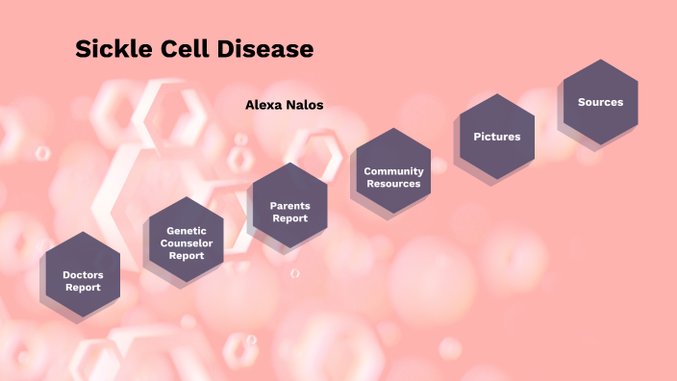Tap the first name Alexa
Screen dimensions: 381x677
point(263,105)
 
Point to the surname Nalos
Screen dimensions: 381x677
point(304,105)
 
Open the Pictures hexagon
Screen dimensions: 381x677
point(496,137)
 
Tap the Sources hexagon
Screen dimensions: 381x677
point(600,102)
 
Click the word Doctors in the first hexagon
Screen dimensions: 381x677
point(83,275)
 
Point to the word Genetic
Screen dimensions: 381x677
point(187,231)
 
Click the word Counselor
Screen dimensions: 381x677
point(187,243)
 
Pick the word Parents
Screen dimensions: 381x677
point(289,206)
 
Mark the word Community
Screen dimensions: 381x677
point(393,171)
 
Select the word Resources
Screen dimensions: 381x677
point(393,184)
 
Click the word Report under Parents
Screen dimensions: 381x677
point(289,218)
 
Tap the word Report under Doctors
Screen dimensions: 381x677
point(83,288)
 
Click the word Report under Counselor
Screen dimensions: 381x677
point(187,256)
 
